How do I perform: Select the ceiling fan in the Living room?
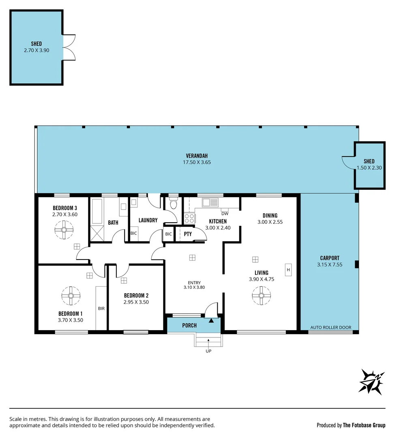click(260, 296)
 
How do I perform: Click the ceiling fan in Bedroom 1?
click(71, 296)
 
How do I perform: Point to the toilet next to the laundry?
click(174, 204)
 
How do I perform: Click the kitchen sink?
click(210, 202)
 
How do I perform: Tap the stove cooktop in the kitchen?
click(189, 218)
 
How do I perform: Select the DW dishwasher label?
click(224, 214)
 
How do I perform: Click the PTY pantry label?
click(188, 234)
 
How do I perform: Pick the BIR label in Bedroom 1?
click(101, 309)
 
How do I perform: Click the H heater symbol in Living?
click(288, 270)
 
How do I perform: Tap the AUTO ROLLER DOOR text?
click(331, 327)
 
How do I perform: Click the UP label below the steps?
click(208, 351)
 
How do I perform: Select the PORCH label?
click(189, 325)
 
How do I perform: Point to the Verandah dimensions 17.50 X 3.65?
click(197, 162)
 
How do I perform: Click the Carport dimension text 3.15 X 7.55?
click(329, 265)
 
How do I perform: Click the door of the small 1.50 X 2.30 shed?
click(348, 162)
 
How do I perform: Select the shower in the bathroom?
click(97, 234)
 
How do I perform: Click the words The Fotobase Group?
click(364, 425)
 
